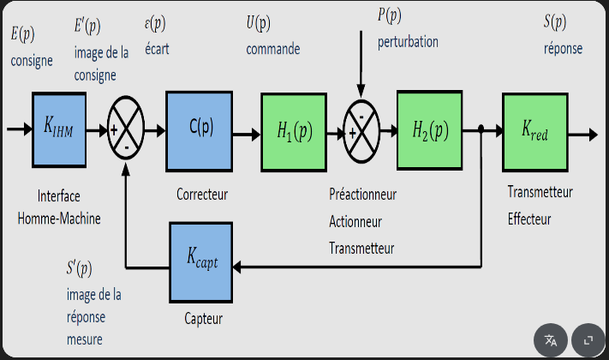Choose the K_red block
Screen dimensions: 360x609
click(x=536, y=130)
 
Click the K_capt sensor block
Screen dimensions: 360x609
click(x=202, y=260)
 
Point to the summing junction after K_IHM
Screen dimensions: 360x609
click(x=127, y=131)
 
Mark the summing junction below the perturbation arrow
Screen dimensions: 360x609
click(x=362, y=131)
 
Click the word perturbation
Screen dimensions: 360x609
click(x=408, y=41)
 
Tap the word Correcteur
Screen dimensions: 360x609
click(x=202, y=195)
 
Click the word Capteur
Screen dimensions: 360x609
click(x=203, y=319)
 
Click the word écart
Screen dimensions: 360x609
click(x=158, y=49)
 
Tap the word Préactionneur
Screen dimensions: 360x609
click(x=362, y=195)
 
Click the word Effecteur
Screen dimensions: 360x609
click(x=529, y=219)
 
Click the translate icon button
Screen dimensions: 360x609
click(x=551, y=340)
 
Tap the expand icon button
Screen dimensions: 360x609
click(x=588, y=340)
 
